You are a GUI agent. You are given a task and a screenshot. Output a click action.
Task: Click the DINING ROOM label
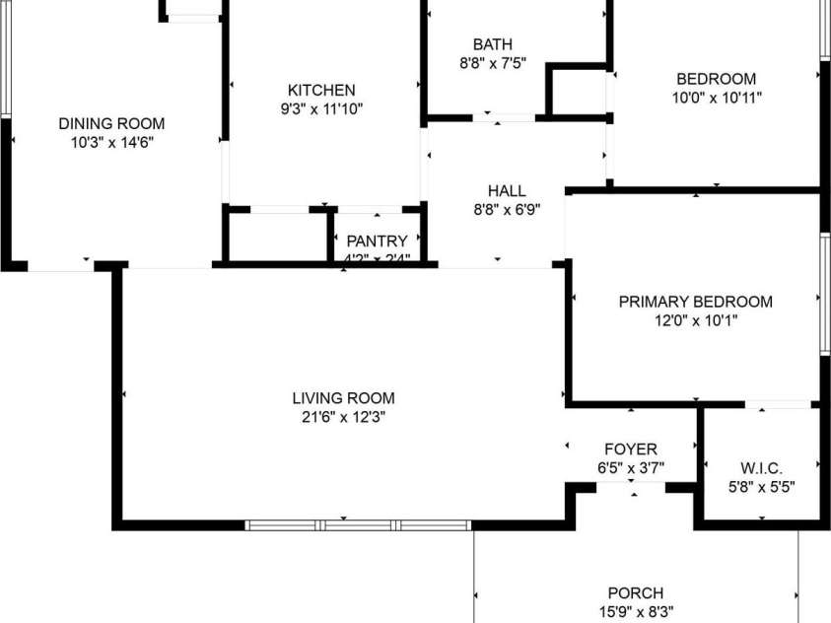[111, 124]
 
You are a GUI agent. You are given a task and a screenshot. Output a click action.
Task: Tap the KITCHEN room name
[321, 91]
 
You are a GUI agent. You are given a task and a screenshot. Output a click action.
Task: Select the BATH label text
[493, 44]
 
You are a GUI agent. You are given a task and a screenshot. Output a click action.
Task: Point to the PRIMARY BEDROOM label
[695, 302]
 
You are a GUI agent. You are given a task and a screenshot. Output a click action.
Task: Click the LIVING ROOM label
[343, 398]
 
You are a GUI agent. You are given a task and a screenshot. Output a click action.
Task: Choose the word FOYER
[631, 450]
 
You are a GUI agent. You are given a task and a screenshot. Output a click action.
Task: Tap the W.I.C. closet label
[760, 467]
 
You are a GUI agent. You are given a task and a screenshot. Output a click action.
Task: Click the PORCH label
[635, 593]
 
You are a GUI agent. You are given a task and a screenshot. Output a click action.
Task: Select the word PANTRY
[377, 241]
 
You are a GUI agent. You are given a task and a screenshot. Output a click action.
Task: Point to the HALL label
[507, 190]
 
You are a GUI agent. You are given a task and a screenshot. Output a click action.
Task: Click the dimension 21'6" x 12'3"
[343, 417]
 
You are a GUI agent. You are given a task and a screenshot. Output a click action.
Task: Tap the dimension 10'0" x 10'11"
[717, 98]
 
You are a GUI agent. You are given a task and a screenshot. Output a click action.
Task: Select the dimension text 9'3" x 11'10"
[321, 109]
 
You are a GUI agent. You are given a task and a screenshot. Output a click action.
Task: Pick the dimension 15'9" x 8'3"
[635, 611]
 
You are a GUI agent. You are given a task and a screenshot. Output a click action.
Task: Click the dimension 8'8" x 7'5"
[493, 63]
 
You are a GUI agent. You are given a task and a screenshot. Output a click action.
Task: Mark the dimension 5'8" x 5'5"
[760, 486]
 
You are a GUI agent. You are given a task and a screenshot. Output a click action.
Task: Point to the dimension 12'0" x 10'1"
[695, 320]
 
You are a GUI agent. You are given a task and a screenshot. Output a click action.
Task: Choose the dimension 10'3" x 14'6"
[111, 143]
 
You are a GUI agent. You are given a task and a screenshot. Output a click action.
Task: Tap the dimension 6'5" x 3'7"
[631, 468]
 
